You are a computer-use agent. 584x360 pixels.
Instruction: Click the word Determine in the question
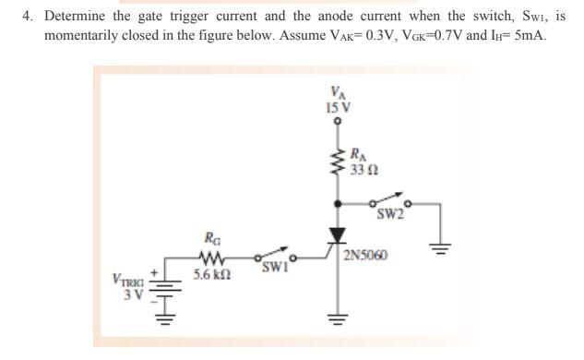pos(76,17)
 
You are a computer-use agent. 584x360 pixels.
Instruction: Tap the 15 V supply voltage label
pos(338,107)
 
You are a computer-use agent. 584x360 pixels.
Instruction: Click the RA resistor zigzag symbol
pos(337,162)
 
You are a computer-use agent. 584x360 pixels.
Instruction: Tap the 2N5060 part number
pos(363,254)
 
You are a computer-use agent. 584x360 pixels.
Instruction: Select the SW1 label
pos(273,269)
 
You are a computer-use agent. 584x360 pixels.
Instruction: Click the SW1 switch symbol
pos(271,255)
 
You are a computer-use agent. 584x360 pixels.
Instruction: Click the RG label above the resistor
pos(211,238)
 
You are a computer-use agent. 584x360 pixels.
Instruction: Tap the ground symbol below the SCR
pos(338,323)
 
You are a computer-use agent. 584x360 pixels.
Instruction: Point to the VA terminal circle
pos(338,121)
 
